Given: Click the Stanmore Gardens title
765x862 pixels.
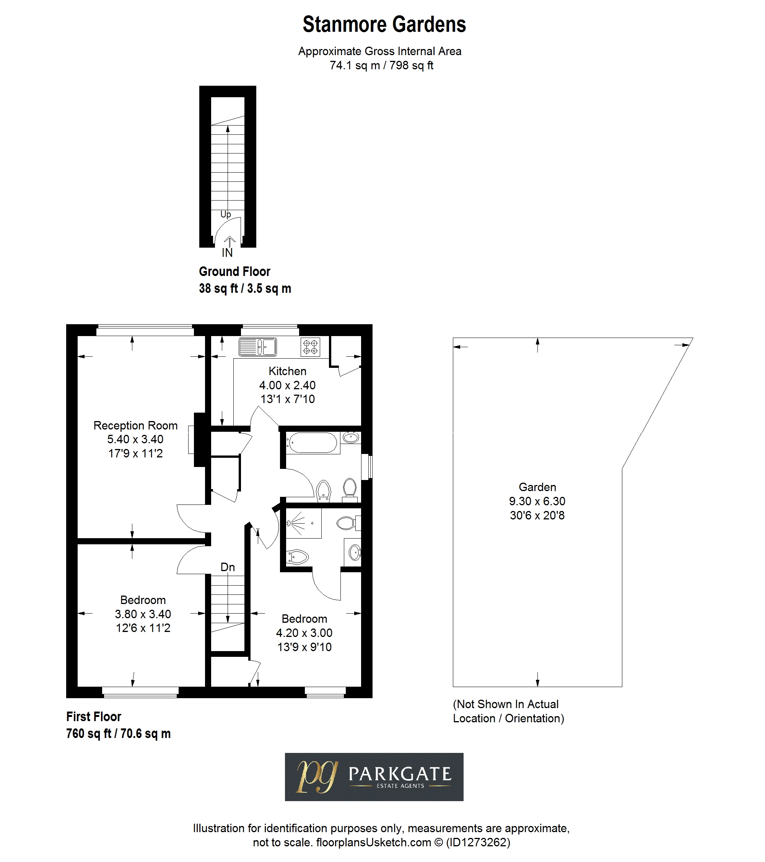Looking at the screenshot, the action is tap(384, 24).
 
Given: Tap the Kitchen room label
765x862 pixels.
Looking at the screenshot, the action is tap(288, 371).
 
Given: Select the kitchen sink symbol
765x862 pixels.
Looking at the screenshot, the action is tap(258, 347).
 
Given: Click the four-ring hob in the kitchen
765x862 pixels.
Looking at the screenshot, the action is tap(310, 347).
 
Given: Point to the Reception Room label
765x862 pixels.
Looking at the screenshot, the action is tap(135, 426).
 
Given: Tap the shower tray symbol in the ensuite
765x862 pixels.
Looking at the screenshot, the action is tap(303, 523).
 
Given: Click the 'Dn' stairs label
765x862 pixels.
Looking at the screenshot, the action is tap(228, 567).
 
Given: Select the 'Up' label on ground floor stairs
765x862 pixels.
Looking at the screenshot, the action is tap(226, 215).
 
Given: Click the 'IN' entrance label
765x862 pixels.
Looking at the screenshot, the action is tap(227, 253).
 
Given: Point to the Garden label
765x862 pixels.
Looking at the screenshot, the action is tap(537, 487).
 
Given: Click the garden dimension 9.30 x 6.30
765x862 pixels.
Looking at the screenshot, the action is tap(537, 501).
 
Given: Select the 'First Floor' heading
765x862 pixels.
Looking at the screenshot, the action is tap(94, 717).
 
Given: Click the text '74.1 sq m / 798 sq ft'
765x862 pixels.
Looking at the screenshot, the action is tap(381, 65).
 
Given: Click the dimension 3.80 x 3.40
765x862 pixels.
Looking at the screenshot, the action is tap(143, 614).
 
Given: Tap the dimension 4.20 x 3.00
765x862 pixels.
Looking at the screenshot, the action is tap(304, 633).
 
